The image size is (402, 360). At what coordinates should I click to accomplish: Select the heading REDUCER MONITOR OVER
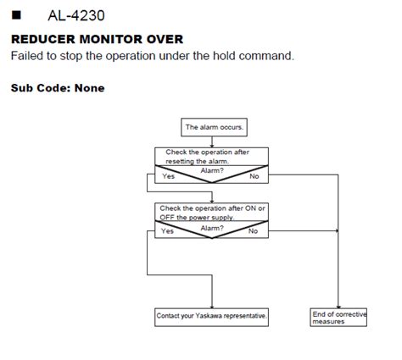pos(96,40)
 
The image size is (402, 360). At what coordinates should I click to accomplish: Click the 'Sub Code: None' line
pos(58,87)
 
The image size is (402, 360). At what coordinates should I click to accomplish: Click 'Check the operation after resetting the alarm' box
pos(212,157)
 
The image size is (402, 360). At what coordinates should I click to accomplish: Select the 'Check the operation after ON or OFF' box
pos(212,211)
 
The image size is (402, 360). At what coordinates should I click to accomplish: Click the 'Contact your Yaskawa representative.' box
pos(212,316)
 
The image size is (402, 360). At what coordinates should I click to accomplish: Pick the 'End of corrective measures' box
pos(338,317)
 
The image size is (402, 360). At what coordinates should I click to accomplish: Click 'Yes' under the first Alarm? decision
pos(167,176)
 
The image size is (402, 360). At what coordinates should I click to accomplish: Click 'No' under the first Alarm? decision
pos(254,176)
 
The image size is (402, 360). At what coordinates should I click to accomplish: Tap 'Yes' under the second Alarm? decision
pos(167,230)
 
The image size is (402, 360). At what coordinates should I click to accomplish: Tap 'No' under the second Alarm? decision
pos(253,230)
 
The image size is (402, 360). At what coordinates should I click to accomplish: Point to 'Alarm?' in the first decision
pos(212,170)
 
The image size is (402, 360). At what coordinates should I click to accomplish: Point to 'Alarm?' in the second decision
pos(212,227)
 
